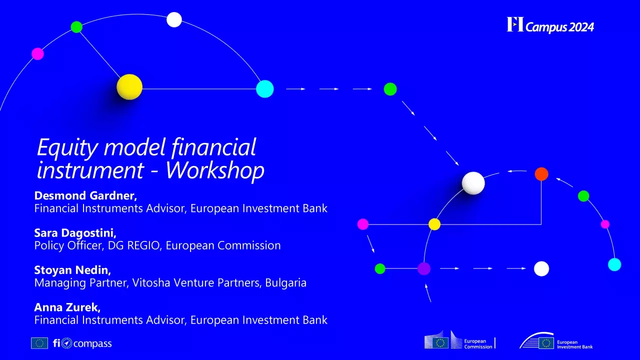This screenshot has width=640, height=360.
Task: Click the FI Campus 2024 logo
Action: coord(550,25)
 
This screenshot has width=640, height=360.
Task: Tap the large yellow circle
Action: coord(129,87)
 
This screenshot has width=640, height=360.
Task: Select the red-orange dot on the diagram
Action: coord(541,174)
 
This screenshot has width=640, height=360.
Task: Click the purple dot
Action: coord(424,268)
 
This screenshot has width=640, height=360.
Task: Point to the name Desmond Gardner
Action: coord(85,195)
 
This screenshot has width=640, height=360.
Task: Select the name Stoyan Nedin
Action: coord(72,270)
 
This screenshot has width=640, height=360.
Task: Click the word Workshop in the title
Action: coord(214,170)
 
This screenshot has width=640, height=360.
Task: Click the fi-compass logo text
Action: coord(82,343)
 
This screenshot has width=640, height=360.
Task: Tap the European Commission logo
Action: coord(459,341)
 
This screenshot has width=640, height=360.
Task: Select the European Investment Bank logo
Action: coord(556,341)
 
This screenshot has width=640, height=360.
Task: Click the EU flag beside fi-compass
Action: coord(39,343)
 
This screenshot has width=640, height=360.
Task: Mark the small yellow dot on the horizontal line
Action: coord(434,224)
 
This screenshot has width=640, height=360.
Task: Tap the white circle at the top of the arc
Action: coord(174,19)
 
